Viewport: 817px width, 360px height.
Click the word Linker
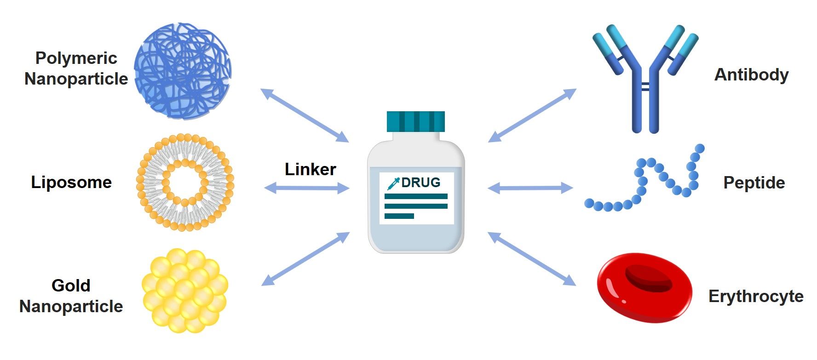tap(310, 169)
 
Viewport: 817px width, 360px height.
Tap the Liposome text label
tap(71, 182)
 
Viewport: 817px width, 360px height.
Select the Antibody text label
tap(751, 74)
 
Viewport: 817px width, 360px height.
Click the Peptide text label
tap(754, 183)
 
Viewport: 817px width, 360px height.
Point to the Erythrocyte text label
tap(756, 296)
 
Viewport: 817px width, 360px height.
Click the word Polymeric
tap(76, 58)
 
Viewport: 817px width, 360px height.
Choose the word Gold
tap(71, 286)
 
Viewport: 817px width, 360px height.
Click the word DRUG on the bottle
tap(420, 183)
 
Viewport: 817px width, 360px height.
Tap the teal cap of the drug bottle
tap(415, 121)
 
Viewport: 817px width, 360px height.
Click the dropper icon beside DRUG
tap(393, 183)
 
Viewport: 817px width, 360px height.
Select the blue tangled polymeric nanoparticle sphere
tap(183, 71)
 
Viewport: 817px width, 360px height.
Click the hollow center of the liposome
tap(185, 183)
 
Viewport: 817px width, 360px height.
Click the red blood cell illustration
tap(644, 287)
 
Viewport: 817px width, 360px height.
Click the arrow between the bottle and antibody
tap(532, 115)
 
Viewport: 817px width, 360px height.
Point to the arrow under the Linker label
tap(307, 188)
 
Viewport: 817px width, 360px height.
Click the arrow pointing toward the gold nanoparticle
tap(305, 259)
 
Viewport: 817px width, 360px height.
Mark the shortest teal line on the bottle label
tap(399, 216)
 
